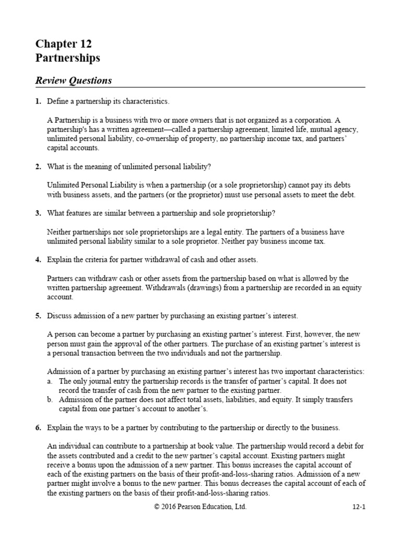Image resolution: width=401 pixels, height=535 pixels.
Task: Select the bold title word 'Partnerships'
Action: click(67, 58)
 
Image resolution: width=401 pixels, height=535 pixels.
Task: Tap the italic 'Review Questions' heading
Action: click(73, 80)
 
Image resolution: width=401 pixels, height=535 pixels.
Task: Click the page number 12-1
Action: click(358, 506)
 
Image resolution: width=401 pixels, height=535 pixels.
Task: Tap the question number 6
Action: click(38, 427)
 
